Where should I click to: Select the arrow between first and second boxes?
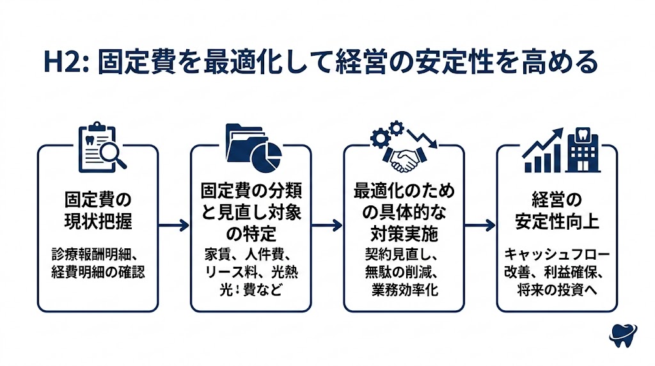pyautogui.click(x=174, y=225)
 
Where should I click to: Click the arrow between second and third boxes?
pyautogui.click(x=327, y=225)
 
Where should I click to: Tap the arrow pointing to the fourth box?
pyautogui.click(x=480, y=225)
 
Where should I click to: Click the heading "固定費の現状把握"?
pyautogui.click(x=98, y=209)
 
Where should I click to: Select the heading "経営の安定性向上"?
pyautogui.click(x=557, y=209)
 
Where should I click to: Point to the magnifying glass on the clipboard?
pyautogui.click(x=112, y=154)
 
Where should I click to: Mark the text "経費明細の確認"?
pyautogui.click(x=98, y=272)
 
